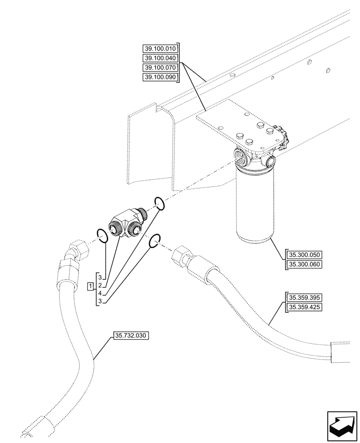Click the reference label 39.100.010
coord(160,48)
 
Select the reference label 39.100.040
coord(160,58)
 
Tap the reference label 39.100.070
coord(160,68)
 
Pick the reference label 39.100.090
coord(160,78)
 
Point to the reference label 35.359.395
coord(305,297)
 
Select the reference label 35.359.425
coord(305,307)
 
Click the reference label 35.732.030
coord(131,336)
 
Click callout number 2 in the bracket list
coord(101,285)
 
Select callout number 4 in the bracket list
coord(101,293)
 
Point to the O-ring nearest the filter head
coord(160,203)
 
